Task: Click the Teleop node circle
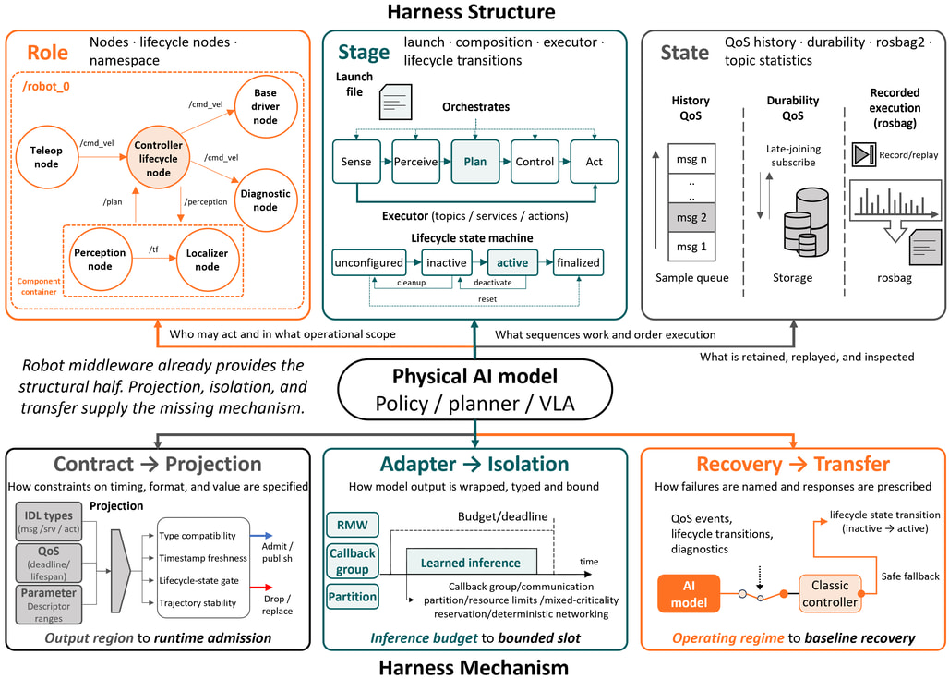coord(46,157)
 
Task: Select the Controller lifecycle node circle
coord(159,158)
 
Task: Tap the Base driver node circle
coord(266,106)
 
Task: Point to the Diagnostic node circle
coord(266,200)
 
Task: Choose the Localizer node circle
coord(207,260)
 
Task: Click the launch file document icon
coord(396,102)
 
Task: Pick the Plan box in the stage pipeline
coord(475,162)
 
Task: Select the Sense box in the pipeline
coord(356,162)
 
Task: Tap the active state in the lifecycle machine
coord(512,262)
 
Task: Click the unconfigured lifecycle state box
coord(368,262)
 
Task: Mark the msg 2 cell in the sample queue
coord(691,217)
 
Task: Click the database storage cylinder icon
coord(806,223)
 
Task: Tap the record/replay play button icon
coord(864,154)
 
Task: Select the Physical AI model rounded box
coord(475,390)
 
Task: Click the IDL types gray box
coord(49,521)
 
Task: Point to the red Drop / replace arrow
coord(261,587)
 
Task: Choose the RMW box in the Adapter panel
coord(353,525)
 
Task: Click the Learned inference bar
coord(471,562)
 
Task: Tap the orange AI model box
coord(689,594)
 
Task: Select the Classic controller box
coord(830,594)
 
